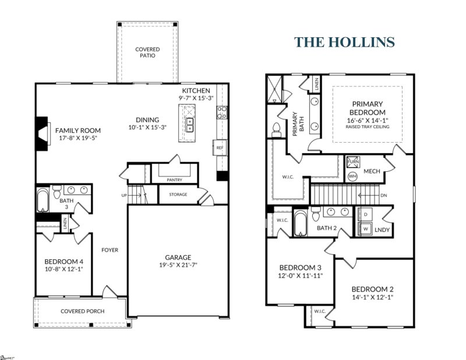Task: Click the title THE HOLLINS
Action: pos(344,43)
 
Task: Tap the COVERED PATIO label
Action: pos(147,53)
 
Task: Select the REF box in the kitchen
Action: pos(220,148)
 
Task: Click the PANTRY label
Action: pos(175,180)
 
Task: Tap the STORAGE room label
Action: pos(178,195)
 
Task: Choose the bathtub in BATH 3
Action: pos(43,201)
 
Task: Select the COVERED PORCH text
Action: pos(83,311)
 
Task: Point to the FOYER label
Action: pos(110,250)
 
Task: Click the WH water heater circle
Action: pos(352,175)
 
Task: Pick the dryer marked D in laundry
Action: pos(365,215)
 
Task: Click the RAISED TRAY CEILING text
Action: pos(368,126)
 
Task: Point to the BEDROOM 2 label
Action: pos(373,289)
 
